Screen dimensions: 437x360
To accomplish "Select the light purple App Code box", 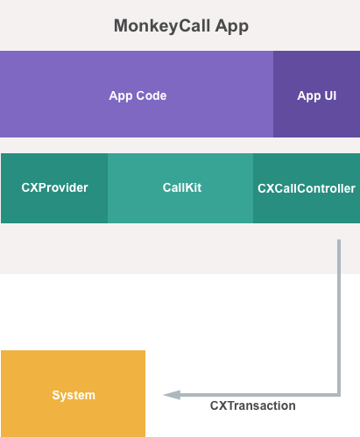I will pyautogui.click(x=137, y=95).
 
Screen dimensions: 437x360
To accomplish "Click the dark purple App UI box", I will pyautogui.click(x=316, y=95).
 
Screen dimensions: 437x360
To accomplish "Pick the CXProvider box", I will pyautogui.click(x=54, y=188).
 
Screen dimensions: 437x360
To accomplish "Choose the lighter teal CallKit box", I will pyautogui.click(x=181, y=188).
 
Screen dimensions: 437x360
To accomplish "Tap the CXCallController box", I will pyautogui.click(x=307, y=188).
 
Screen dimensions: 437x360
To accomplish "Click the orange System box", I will pyautogui.click(x=73, y=394).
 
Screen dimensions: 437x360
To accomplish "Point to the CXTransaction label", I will pyautogui.click(x=252, y=406).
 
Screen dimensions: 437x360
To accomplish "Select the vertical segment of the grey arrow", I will pyautogui.click(x=338, y=315).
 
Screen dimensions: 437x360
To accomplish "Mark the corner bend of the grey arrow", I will pyautogui.click(x=338, y=394).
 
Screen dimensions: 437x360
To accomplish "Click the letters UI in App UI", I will pyautogui.click(x=328, y=95).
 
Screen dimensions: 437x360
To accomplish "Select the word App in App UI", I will pyautogui.click(x=308, y=95).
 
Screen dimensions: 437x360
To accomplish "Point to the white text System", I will pyautogui.click(x=74, y=395).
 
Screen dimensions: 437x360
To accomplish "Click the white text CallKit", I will pyautogui.click(x=181, y=187).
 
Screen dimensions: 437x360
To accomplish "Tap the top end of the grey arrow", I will pyautogui.click(x=338, y=242).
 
